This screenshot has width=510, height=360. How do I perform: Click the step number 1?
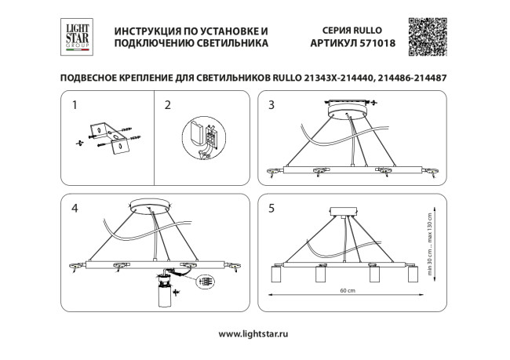75,104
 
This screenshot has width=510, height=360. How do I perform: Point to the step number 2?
167,104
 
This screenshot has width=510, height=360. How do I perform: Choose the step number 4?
75,209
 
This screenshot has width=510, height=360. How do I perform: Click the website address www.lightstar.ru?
250,333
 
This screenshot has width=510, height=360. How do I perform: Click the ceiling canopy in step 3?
346,111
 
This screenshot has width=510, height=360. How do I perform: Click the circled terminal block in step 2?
202,139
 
